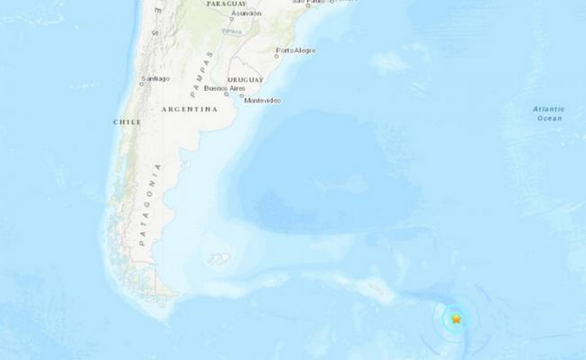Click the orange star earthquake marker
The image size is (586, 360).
pos(456,319)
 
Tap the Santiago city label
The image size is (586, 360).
pos(156,78)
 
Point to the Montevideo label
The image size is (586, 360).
pos(263,101)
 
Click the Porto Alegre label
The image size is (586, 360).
pos(297,51)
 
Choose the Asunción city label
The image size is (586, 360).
pos(247,13)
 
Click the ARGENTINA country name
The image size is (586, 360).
pos(189,109)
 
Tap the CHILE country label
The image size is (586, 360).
pos(127,122)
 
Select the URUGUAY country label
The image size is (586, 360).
pos(246,80)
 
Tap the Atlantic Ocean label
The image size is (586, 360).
pos(549,113)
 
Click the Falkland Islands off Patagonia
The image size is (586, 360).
pos(219,259)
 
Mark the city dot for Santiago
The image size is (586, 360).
pos(141,84)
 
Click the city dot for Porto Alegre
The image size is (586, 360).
pos(278,56)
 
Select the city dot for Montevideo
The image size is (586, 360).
pos(242,96)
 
